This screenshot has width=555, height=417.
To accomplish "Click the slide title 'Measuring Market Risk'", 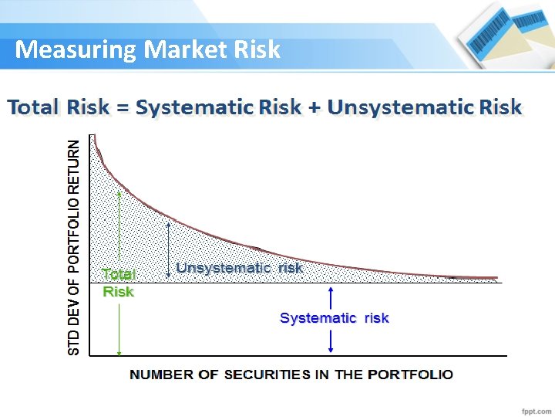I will pyautogui.click(x=148, y=50).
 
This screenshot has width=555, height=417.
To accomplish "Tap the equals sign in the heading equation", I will pyautogui.click(x=123, y=108).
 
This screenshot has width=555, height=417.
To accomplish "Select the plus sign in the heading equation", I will pyautogui.click(x=314, y=108).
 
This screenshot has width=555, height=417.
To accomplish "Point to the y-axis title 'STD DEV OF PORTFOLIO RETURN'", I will pyautogui.click(x=74, y=247).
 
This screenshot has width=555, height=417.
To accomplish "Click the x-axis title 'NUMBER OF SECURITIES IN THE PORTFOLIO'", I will pyautogui.click(x=291, y=375).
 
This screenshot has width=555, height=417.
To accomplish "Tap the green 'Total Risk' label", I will pyautogui.click(x=119, y=283).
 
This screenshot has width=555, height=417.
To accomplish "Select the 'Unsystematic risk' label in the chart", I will pyautogui.click(x=239, y=268).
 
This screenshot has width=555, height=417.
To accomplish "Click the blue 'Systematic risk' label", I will pyautogui.click(x=334, y=318).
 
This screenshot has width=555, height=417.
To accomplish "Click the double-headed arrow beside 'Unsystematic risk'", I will pyautogui.click(x=168, y=249).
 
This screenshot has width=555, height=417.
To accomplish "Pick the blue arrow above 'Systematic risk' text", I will pyautogui.click(x=331, y=297).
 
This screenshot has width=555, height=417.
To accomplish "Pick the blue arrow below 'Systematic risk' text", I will pyautogui.click(x=331, y=340).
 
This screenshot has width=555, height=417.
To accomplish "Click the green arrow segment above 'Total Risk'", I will pyautogui.click(x=119, y=228).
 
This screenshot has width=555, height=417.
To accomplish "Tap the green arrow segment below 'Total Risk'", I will pyautogui.click(x=119, y=328).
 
